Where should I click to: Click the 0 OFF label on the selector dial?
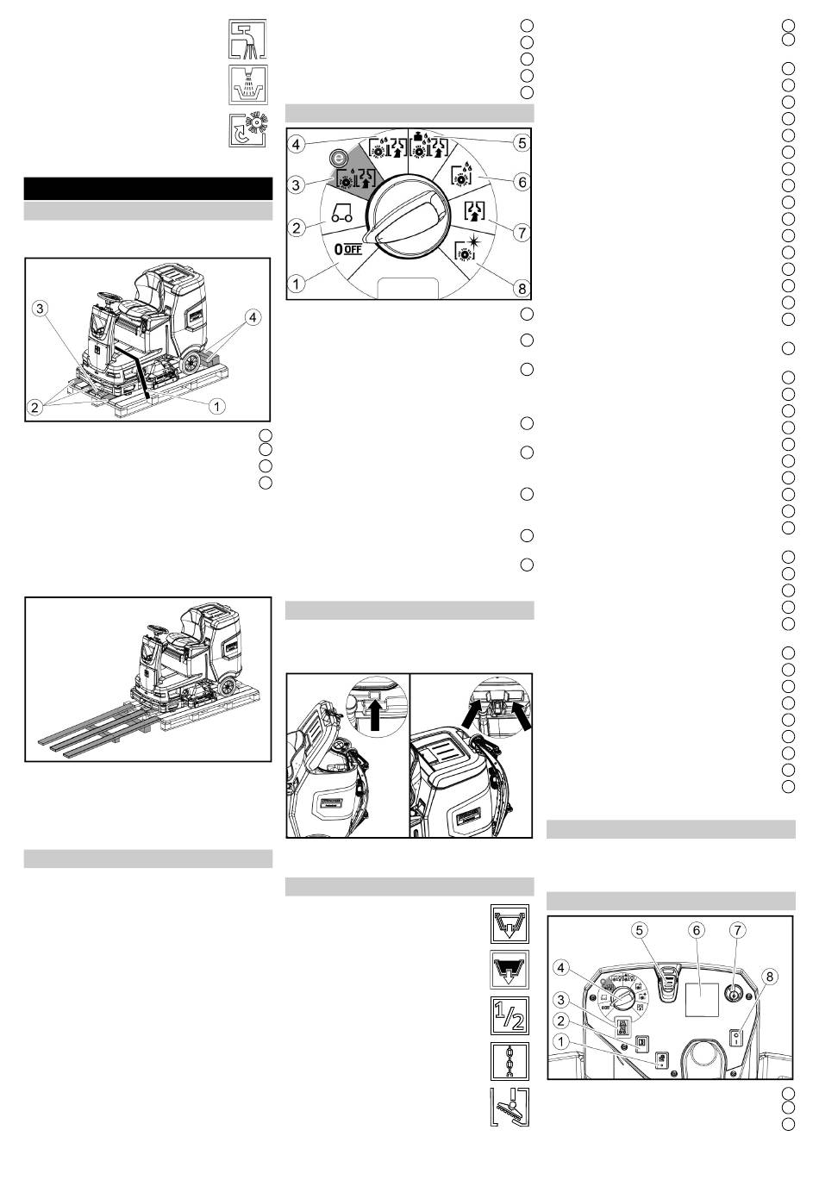point(348,248)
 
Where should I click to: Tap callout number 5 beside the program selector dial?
point(522,143)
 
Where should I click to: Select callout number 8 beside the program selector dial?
point(522,288)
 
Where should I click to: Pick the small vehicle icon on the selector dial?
point(341,212)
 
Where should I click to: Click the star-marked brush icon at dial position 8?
point(466,248)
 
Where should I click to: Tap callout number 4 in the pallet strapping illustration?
point(253,318)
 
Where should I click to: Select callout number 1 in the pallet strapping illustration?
point(216,406)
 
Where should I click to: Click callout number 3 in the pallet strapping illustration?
point(40,309)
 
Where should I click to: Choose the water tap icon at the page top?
point(247,39)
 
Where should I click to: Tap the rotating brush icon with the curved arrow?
point(247,129)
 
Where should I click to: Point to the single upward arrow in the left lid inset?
point(375,715)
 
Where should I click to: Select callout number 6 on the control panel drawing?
point(696,931)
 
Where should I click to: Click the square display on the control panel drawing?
point(702,999)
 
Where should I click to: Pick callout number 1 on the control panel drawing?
point(560,1041)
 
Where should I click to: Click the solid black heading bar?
point(148,188)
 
